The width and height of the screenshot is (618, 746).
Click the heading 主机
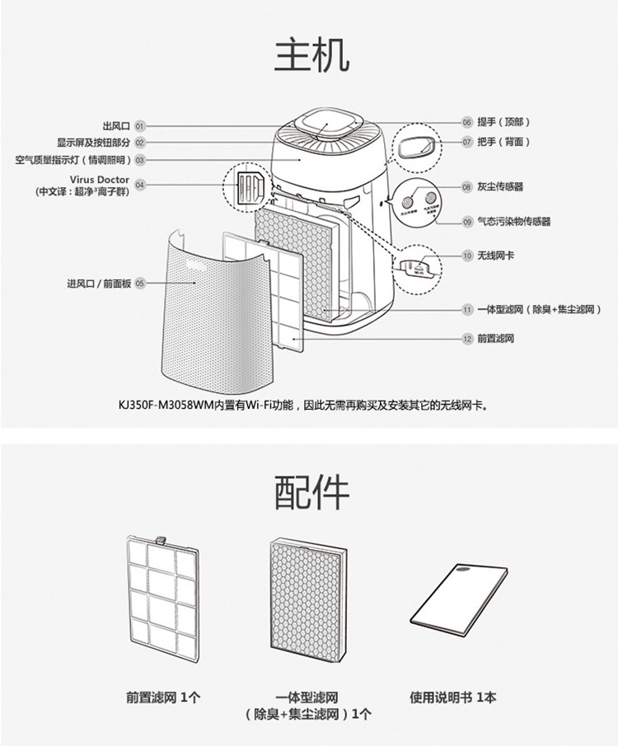point(311,55)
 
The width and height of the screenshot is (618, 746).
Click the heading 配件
point(311,491)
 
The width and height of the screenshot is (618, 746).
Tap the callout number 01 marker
point(140,126)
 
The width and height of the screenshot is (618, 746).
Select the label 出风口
point(116,126)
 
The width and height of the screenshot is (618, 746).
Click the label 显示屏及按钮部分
point(93,143)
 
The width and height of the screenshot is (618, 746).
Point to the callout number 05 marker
point(140,283)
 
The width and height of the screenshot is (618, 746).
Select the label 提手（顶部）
point(504,122)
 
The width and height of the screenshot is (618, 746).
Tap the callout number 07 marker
point(466,142)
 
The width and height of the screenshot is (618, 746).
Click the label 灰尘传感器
point(500,187)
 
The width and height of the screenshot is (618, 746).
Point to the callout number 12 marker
point(466,339)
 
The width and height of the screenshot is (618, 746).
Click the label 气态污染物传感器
point(514,222)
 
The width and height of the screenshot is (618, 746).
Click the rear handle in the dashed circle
point(414,148)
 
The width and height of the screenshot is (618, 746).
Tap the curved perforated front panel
point(214,313)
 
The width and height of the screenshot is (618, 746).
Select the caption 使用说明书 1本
point(453,697)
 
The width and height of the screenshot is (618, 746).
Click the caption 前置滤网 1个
point(163,697)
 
